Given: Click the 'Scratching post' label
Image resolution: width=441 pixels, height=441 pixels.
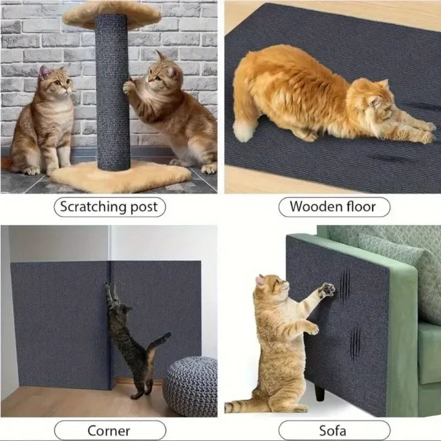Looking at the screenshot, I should pyautogui.click(x=109, y=207).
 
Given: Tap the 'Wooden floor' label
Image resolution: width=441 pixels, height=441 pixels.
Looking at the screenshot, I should pyautogui.click(x=332, y=207).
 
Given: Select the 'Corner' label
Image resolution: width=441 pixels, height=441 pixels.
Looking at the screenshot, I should pyautogui.click(x=109, y=431).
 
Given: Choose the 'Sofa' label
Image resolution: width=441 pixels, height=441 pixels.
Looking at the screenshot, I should pyautogui.click(x=332, y=431).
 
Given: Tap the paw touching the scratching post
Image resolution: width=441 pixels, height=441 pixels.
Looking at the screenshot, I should pyautogui.click(x=129, y=87).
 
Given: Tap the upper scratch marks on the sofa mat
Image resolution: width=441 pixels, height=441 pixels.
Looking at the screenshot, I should pyautogui.click(x=345, y=287).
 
